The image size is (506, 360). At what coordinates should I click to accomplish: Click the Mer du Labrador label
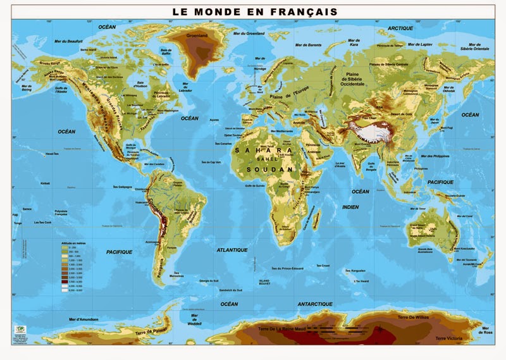[186, 89]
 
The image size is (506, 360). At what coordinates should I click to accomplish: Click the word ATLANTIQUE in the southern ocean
[232, 250]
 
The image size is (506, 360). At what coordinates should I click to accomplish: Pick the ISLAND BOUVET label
[269, 281]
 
